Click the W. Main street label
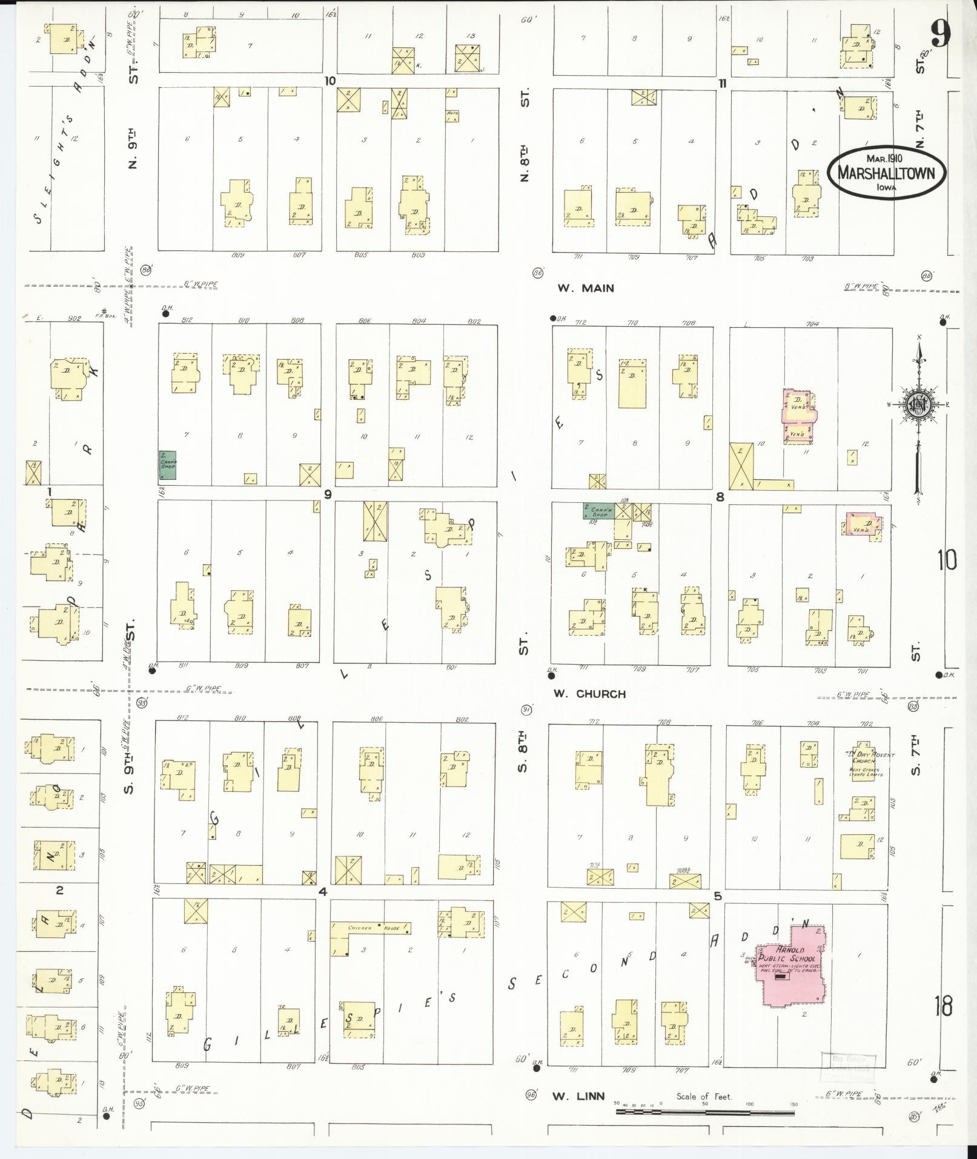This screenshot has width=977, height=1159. [x=585, y=288]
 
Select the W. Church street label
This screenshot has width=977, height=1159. [x=589, y=694]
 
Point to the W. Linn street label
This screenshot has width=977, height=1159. [x=578, y=1095]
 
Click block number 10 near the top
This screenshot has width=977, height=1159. [x=330, y=81]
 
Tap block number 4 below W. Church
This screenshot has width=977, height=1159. [x=323, y=892]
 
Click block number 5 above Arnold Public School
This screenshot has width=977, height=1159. [x=718, y=895]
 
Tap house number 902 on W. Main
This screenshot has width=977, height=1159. [x=75, y=317]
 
